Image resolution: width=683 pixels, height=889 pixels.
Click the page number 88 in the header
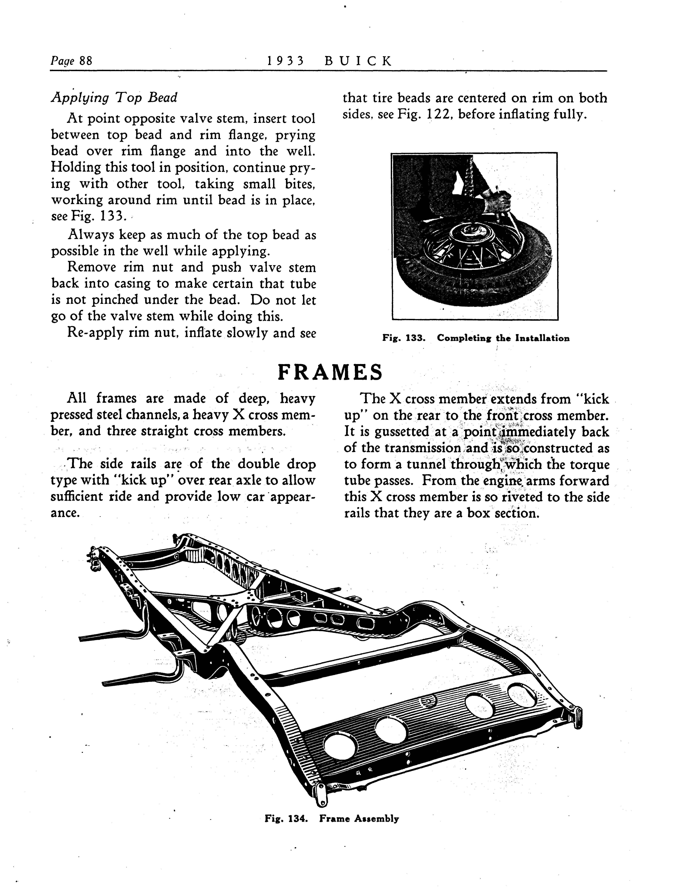tap(85, 61)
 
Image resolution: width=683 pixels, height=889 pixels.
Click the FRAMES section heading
tap(330, 372)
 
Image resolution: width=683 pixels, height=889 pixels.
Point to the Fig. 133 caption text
tap(476, 338)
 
